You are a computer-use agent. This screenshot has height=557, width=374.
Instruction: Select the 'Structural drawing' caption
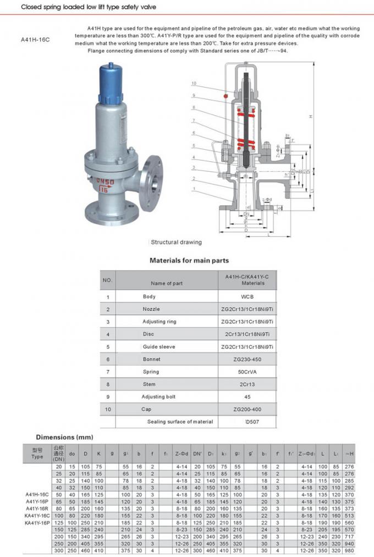176,242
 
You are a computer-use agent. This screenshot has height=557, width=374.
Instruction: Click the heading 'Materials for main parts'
189,261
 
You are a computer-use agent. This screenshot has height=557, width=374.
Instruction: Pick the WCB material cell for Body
247,296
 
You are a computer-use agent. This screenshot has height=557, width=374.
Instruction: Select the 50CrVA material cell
247,371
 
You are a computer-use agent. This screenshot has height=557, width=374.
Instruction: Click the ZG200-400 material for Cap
247,409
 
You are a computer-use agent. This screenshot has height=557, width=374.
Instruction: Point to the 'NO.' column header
108,280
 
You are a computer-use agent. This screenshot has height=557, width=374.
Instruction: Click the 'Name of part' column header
167,283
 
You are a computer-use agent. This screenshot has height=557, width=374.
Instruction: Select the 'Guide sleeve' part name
159,347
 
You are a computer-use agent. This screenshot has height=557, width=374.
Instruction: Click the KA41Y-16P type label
37,522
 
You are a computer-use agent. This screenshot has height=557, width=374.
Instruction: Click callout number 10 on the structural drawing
194,83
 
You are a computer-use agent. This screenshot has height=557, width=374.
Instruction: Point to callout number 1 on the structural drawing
194,189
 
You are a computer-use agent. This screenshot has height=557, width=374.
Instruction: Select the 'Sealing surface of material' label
180,421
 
